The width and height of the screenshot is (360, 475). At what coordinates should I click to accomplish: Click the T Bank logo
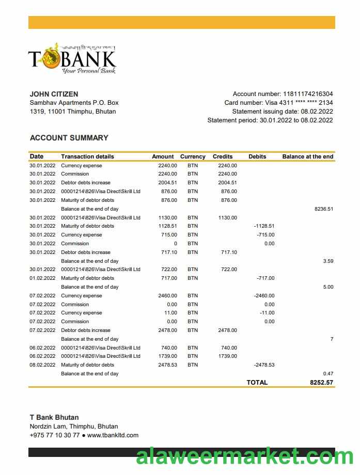pos(72,58)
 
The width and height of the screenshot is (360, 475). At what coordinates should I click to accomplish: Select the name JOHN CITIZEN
pos(54,94)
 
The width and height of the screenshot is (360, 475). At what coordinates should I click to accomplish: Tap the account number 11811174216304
pos(308,94)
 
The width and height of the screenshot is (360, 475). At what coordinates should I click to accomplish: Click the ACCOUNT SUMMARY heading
pos(69,138)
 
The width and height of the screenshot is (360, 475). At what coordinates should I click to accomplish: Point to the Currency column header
pos(193,156)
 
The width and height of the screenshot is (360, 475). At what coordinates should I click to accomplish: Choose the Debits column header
pos(257,156)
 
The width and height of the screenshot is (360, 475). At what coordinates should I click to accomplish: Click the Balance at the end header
pos(307,156)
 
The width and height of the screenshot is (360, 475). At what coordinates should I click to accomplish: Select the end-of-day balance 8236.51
pos(324,209)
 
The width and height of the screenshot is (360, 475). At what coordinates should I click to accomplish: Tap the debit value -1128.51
pos(264,226)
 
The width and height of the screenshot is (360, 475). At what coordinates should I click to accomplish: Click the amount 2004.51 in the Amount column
pos(167,183)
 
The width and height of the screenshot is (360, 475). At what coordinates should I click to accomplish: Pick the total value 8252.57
pos(321,383)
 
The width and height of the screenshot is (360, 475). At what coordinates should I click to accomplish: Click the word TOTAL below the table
pos(257,383)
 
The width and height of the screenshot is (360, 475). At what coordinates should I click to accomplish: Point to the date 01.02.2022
pos(42,278)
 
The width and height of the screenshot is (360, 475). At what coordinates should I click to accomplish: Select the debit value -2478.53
pos(264,365)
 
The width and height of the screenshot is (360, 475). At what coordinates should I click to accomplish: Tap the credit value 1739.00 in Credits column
pos(227,356)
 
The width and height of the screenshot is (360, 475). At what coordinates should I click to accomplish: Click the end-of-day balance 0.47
pos(328,374)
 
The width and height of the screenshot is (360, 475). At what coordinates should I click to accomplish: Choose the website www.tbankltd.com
pos(113,435)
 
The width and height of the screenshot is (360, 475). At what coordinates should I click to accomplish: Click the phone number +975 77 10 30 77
pos(55,435)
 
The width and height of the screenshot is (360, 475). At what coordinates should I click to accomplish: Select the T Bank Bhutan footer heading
pos(54,417)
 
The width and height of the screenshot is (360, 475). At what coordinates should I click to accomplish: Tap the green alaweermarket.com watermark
pos(244,457)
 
